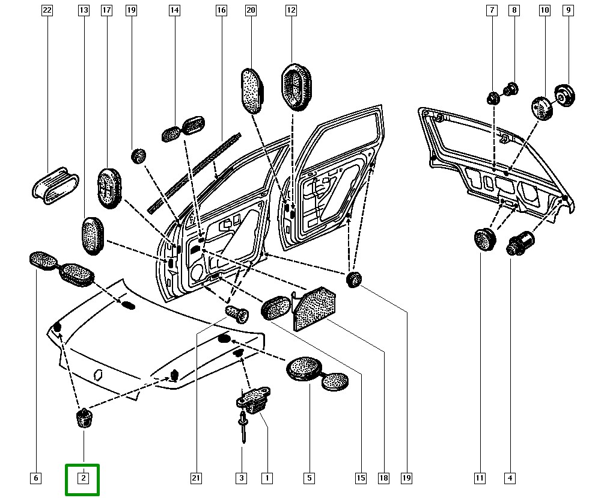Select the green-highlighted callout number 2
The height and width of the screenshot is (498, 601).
tap(84, 479)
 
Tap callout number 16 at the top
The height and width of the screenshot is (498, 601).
tap(221, 10)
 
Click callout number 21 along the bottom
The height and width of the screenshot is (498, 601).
tap(195, 479)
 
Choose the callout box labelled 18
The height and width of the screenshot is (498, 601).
tap(383, 479)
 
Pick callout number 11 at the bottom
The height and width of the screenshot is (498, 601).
tap(480, 479)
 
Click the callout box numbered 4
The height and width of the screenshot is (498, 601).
tap(510, 479)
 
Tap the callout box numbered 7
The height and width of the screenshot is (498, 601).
tap(492, 10)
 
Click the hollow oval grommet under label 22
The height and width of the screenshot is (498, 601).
tap(55, 183)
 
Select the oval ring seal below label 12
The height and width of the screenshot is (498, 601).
tap(296, 85)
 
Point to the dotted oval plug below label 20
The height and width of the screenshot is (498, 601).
tap(252, 90)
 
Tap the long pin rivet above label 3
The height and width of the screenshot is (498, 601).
tap(242, 428)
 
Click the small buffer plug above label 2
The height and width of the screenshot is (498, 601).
tap(84, 417)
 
